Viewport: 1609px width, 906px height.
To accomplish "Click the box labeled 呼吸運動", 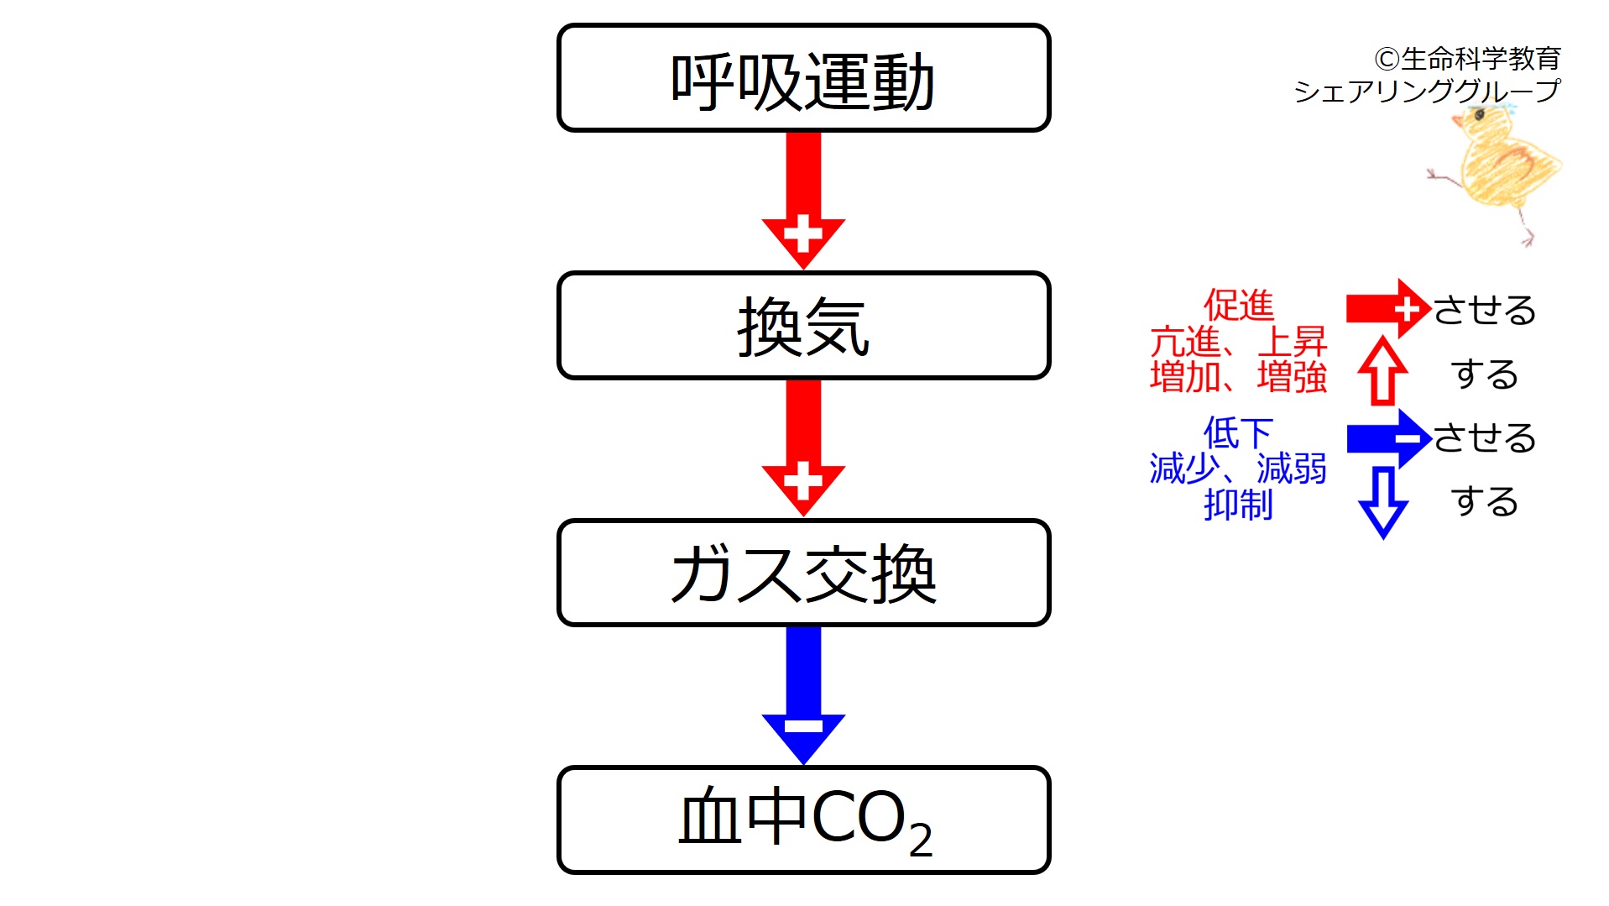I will [x=803, y=78].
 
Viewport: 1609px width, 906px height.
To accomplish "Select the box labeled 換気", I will [x=803, y=326].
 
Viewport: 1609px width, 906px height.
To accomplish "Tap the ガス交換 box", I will [x=803, y=573].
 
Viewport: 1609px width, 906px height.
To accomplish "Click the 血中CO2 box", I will [x=803, y=820].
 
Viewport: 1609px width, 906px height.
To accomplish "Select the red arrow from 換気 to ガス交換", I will [x=803, y=445].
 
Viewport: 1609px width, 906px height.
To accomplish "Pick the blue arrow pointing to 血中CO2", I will [x=803, y=693].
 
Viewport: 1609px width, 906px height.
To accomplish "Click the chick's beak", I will [x=1457, y=121].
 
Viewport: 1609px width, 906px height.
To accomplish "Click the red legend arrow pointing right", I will [x=1387, y=309].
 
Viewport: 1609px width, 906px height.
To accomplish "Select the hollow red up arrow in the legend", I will [x=1382, y=371].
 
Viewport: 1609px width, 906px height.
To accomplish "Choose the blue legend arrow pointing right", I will [x=1387, y=438].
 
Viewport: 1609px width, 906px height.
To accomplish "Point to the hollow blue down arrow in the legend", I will [x=1382, y=501].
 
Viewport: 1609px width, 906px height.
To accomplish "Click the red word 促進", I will [x=1238, y=305].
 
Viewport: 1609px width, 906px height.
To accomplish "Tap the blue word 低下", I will [x=1238, y=433].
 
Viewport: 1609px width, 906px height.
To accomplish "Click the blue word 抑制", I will [x=1238, y=505].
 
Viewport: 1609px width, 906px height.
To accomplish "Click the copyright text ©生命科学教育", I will [x=1467, y=59].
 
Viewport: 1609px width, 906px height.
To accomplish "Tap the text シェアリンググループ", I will [x=1427, y=90].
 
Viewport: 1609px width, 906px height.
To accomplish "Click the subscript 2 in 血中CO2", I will [x=921, y=840].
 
